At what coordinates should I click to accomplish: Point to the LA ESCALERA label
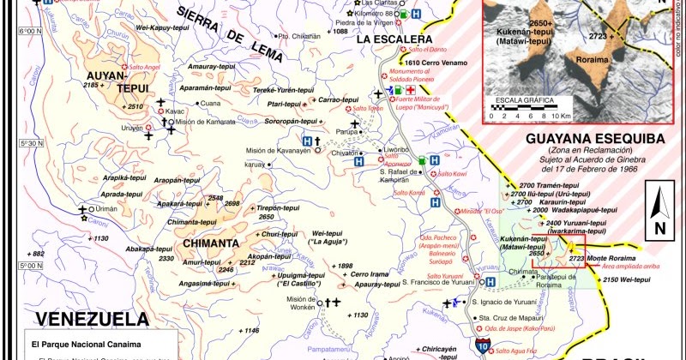pos(394,39)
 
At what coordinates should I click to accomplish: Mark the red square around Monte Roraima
pos(572,254)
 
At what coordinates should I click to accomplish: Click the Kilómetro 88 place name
pos(376,15)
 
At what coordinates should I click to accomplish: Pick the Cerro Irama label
pos(370,273)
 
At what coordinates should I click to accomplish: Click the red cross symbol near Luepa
pos(411,90)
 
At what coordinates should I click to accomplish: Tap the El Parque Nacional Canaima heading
pos(77,344)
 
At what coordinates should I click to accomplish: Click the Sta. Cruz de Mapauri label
pos(512,317)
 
